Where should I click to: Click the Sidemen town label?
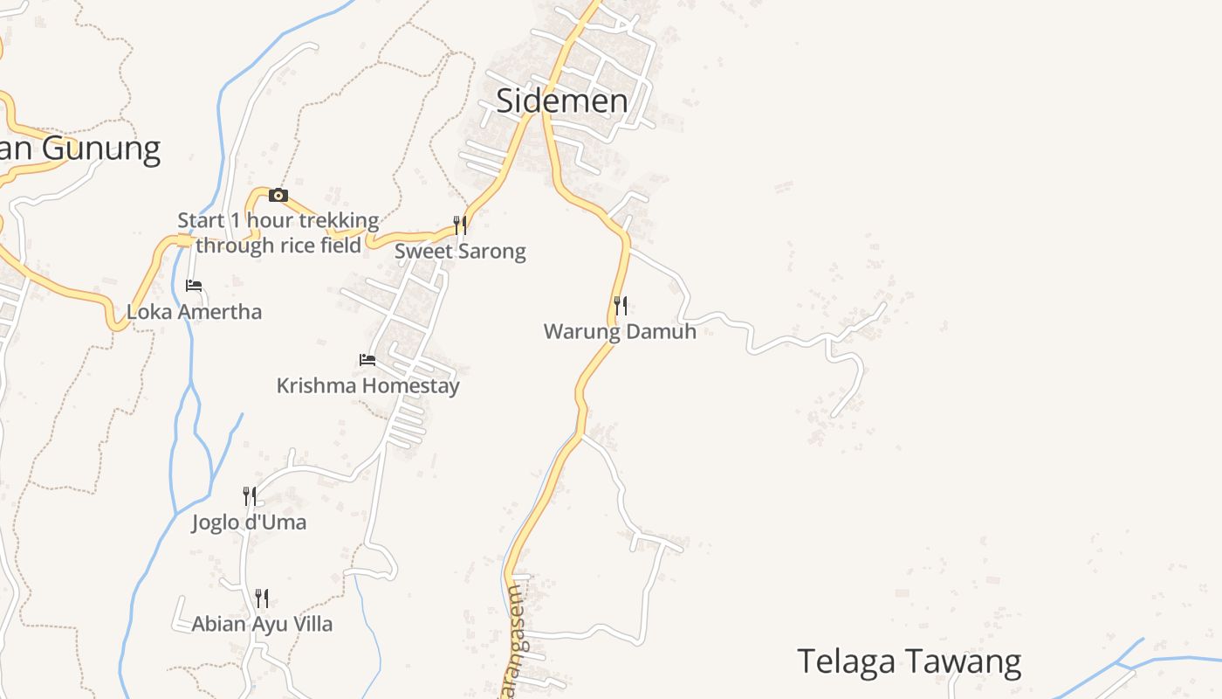point(561,101)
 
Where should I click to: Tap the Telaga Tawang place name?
point(909,661)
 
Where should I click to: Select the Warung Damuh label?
point(620,332)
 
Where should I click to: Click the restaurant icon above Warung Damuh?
point(621,306)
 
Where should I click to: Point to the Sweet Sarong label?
point(460,252)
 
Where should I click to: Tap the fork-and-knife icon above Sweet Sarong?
point(460,225)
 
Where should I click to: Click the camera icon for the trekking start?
point(278,195)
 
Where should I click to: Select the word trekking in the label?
point(336,220)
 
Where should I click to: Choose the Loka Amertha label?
point(194,312)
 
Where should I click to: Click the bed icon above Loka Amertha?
point(194,286)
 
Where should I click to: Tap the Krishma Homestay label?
point(367,385)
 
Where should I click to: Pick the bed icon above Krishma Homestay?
point(367,359)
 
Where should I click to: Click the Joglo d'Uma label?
point(250,523)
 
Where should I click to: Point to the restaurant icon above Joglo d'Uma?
point(250,496)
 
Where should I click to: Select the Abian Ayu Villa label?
point(262,624)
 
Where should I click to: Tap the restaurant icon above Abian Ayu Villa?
point(262,598)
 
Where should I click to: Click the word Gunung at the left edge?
point(100,149)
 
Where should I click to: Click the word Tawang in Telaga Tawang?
point(969,661)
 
